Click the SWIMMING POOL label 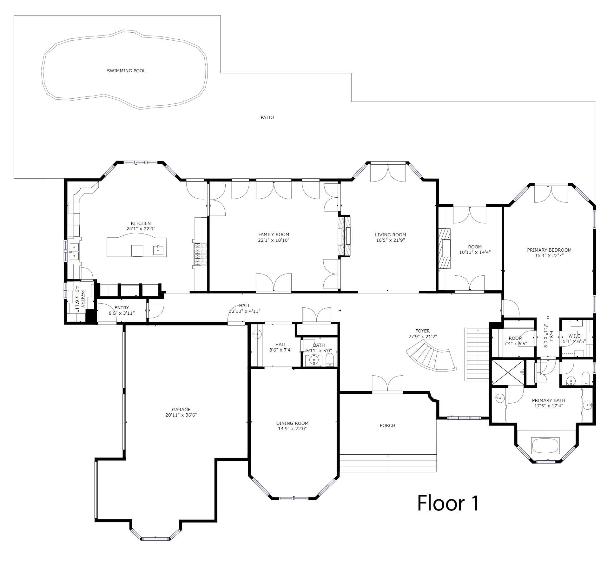[x=126, y=71]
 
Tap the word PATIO [x=267, y=117]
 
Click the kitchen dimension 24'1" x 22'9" [x=141, y=229]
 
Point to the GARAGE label [x=181, y=410]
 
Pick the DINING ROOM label [x=292, y=423]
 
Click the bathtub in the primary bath [x=545, y=446]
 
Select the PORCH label [x=387, y=425]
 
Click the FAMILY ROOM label [x=274, y=235]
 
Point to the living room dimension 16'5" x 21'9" [x=390, y=240]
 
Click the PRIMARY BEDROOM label [x=549, y=250]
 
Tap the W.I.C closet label [x=574, y=336]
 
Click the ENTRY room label [x=122, y=308]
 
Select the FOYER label [x=422, y=331]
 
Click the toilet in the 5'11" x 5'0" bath [x=330, y=360]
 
